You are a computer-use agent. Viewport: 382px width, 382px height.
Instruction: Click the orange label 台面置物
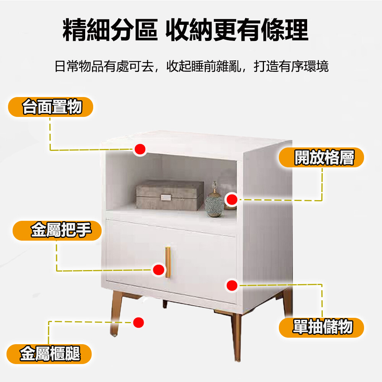(x=51, y=107)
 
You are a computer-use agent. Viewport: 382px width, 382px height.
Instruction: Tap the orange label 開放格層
(x=321, y=157)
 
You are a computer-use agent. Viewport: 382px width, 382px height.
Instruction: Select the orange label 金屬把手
(x=57, y=230)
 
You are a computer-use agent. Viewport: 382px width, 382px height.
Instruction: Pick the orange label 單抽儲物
(x=321, y=327)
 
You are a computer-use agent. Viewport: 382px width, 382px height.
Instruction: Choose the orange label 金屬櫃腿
(x=49, y=354)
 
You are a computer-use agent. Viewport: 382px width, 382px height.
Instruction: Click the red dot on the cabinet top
(x=140, y=149)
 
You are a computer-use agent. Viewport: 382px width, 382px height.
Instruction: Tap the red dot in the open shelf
(x=232, y=199)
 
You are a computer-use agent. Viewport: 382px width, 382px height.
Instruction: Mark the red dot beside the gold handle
(x=159, y=270)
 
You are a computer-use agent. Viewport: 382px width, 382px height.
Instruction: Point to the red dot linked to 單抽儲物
(x=232, y=285)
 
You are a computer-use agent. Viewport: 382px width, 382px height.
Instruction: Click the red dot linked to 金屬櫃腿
(x=139, y=322)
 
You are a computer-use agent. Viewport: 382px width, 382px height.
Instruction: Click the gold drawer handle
(x=168, y=262)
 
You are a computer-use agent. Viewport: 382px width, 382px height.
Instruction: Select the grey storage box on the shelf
(x=170, y=195)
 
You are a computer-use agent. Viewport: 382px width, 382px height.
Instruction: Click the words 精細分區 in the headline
(x=110, y=30)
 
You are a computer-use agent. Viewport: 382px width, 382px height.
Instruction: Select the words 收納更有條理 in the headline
(x=237, y=30)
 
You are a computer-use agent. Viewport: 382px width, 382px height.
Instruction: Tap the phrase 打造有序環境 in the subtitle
(x=291, y=66)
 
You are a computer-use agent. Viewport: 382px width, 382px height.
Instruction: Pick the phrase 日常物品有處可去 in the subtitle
(x=104, y=66)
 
